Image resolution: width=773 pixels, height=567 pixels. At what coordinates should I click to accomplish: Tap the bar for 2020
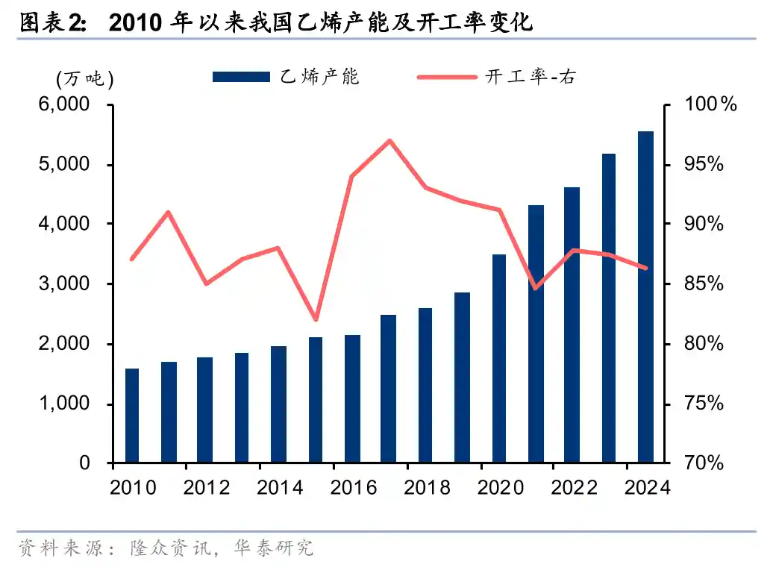point(499,358)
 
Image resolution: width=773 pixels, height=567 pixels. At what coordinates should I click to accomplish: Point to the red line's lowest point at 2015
point(316,320)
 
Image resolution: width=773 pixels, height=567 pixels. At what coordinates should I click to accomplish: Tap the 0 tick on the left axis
point(84,463)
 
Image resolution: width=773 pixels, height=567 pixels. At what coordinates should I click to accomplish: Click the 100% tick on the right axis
point(710,104)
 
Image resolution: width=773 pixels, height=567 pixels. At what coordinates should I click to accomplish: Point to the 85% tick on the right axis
point(704,284)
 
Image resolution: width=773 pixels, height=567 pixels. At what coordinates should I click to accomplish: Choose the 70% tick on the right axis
point(704,463)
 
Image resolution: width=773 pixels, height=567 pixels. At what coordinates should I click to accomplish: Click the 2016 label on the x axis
point(354,488)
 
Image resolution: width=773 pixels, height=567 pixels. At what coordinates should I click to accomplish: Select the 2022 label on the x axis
point(575,488)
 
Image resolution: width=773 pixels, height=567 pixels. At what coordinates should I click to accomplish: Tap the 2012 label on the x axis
point(207,488)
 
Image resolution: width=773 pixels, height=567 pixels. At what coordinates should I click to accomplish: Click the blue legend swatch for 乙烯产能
point(240,77)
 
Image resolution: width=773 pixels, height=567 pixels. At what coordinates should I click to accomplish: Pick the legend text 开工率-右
point(531,77)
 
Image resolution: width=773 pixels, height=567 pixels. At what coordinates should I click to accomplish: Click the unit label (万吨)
point(84,78)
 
